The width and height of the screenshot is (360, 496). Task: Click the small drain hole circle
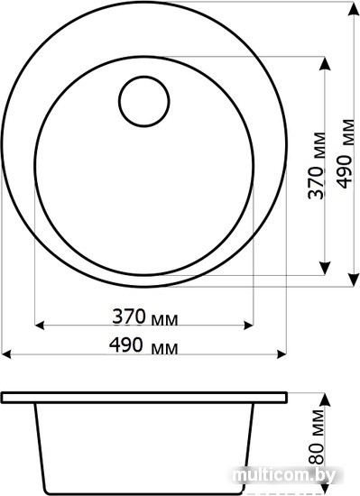[144, 77]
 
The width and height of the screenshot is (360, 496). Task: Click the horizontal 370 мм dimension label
[145, 317]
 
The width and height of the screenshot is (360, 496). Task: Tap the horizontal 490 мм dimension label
[143, 345]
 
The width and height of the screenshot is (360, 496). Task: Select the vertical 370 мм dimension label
[317, 165]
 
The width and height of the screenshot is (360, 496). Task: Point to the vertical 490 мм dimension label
[345, 153]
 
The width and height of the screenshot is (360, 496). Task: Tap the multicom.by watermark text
[283, 475]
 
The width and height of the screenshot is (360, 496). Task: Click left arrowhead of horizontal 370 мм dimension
[39, 325]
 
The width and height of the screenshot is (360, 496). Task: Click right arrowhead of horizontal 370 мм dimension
[248, 325]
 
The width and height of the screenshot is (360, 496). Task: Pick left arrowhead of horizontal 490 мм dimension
[6, 354]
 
